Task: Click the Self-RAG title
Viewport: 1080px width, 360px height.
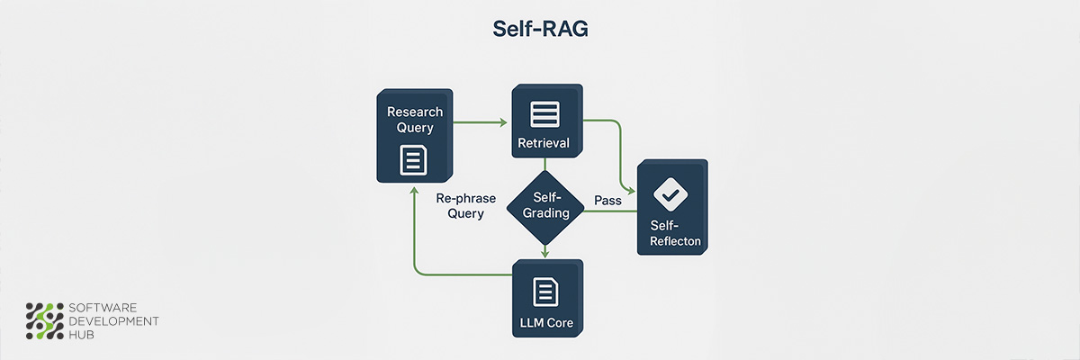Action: tap(540, 29)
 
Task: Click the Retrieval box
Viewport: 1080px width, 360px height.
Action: tap(544, 122)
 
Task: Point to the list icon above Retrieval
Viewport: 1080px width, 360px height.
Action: tap(544, 113)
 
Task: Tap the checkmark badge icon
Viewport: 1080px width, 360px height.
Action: tap(669, 192)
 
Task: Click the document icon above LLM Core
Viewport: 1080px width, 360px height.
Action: tap(545, 291)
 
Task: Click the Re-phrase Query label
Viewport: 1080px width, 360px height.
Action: tap(460, 205)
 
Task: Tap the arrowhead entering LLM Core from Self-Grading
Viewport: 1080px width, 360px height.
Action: tap(545, 254)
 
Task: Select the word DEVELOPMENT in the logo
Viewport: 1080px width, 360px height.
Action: tap(114, 321)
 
